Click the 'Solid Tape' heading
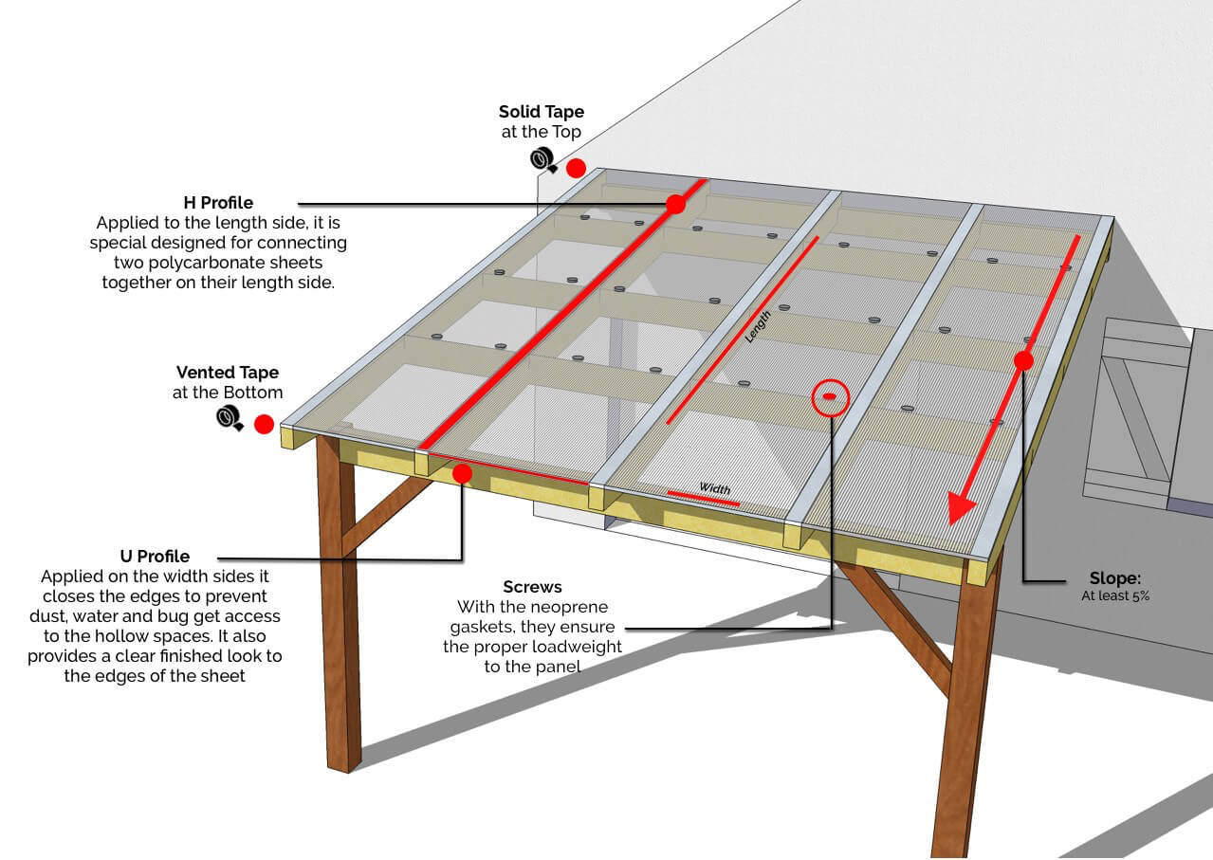(x=542, y=113)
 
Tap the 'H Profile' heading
(x=218, y=203)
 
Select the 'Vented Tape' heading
(x=228, y=373)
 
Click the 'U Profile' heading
(x=155, y=557)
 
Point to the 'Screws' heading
(x=532, y=587)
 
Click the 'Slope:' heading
(x=1114, y=578)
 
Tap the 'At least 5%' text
(x=1115, y=596)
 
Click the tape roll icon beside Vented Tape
(x=230, y=417)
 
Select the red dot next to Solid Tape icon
(x=576, y=169)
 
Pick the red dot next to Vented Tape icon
(x=264, y=424)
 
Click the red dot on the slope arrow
(x=1022, y=360)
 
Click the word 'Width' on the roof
(x=715, y=488)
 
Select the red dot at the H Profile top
(x=675, y=204)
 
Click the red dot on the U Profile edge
(x=462, y=472)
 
